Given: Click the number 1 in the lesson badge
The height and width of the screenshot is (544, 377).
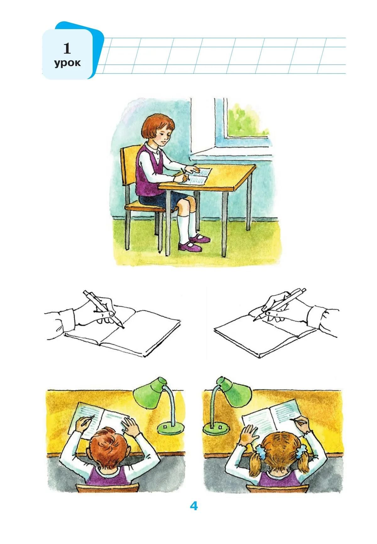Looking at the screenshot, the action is pos(67,49).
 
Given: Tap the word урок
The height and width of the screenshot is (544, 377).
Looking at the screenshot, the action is pos(67,63).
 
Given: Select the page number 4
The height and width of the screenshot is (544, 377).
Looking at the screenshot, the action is pos(194,506).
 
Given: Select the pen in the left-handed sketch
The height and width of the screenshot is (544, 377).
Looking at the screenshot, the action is pos(104,310).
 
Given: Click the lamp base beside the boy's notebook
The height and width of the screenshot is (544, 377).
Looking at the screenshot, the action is pos(170,428).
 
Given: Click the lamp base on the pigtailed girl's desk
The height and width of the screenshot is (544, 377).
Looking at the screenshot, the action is pos(216,428).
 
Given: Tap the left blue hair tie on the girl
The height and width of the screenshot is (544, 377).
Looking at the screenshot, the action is pos(262,450).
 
